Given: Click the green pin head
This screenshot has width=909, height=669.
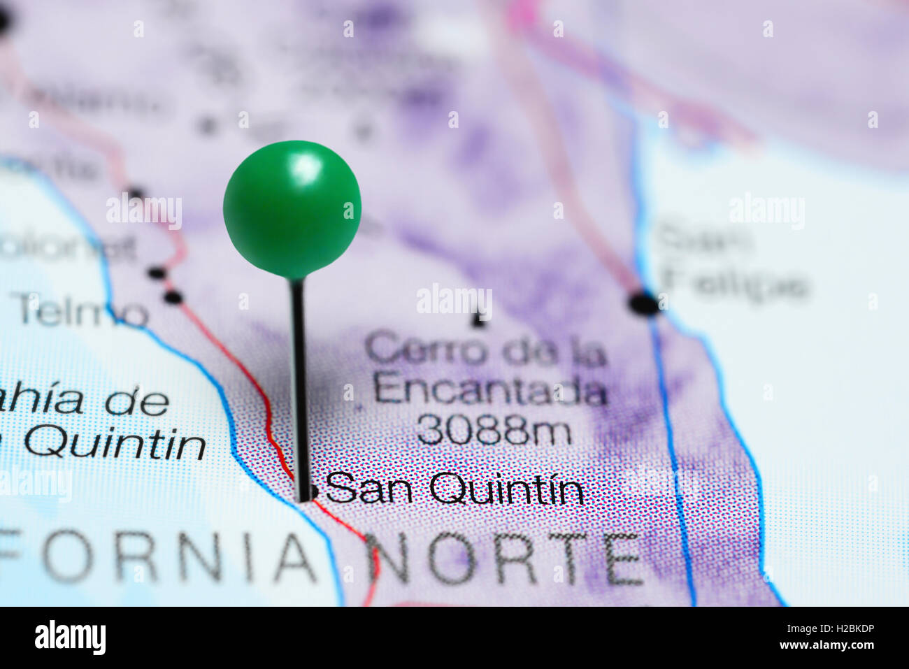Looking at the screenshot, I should pos(292,208).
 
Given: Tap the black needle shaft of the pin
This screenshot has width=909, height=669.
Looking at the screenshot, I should pos(299,384).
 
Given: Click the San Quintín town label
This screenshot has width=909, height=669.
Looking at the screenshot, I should pos(454,489).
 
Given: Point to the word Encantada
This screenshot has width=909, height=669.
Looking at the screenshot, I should pos(489,389).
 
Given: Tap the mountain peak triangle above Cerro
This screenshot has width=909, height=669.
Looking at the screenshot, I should pos(478,320).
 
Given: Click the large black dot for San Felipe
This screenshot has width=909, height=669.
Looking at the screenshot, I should pos(643,303).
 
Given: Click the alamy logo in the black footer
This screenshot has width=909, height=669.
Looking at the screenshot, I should pos(70,638).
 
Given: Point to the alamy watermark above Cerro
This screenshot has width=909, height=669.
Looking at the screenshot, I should pos(454,301).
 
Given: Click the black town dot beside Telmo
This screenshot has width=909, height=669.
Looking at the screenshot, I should pos(173,298).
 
